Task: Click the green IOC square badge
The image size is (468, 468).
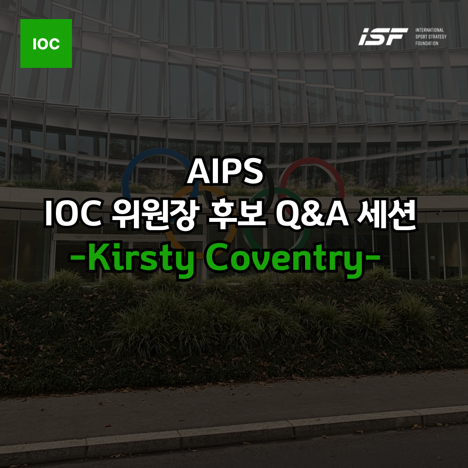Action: [46, 43]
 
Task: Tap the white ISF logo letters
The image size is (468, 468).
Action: [383, 36]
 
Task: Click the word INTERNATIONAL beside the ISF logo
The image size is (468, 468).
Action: [429, 30]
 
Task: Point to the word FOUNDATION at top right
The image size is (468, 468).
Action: [427, 43]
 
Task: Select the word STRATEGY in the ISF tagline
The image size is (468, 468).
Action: [438, 37]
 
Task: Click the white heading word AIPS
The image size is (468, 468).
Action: [225, 172]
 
